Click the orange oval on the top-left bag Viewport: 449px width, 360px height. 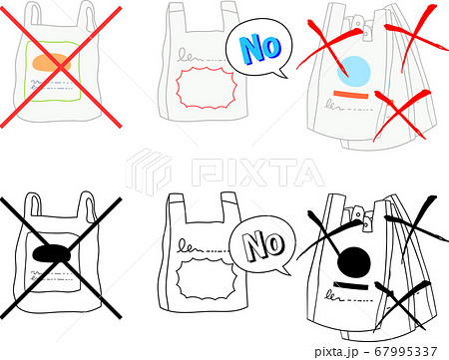(x=52, y=62)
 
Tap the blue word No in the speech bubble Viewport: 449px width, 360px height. (x=260, y=49)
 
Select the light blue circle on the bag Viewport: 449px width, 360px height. (x=354, y=72)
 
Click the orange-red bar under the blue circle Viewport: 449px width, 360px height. (x=351, y=95)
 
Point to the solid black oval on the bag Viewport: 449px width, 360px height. (x=52, y=254)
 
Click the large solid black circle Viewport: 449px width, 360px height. (x=354, y=263)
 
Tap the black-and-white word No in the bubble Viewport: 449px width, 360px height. (x=263, y=245)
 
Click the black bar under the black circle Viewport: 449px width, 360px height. (x=351, y=286)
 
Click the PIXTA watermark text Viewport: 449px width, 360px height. (x=257, y=173)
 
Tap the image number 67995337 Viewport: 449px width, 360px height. (x=406, y=351)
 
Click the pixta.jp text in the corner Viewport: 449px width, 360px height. (x=336, y=352)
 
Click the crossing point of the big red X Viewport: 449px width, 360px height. (x=61, y=67)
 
